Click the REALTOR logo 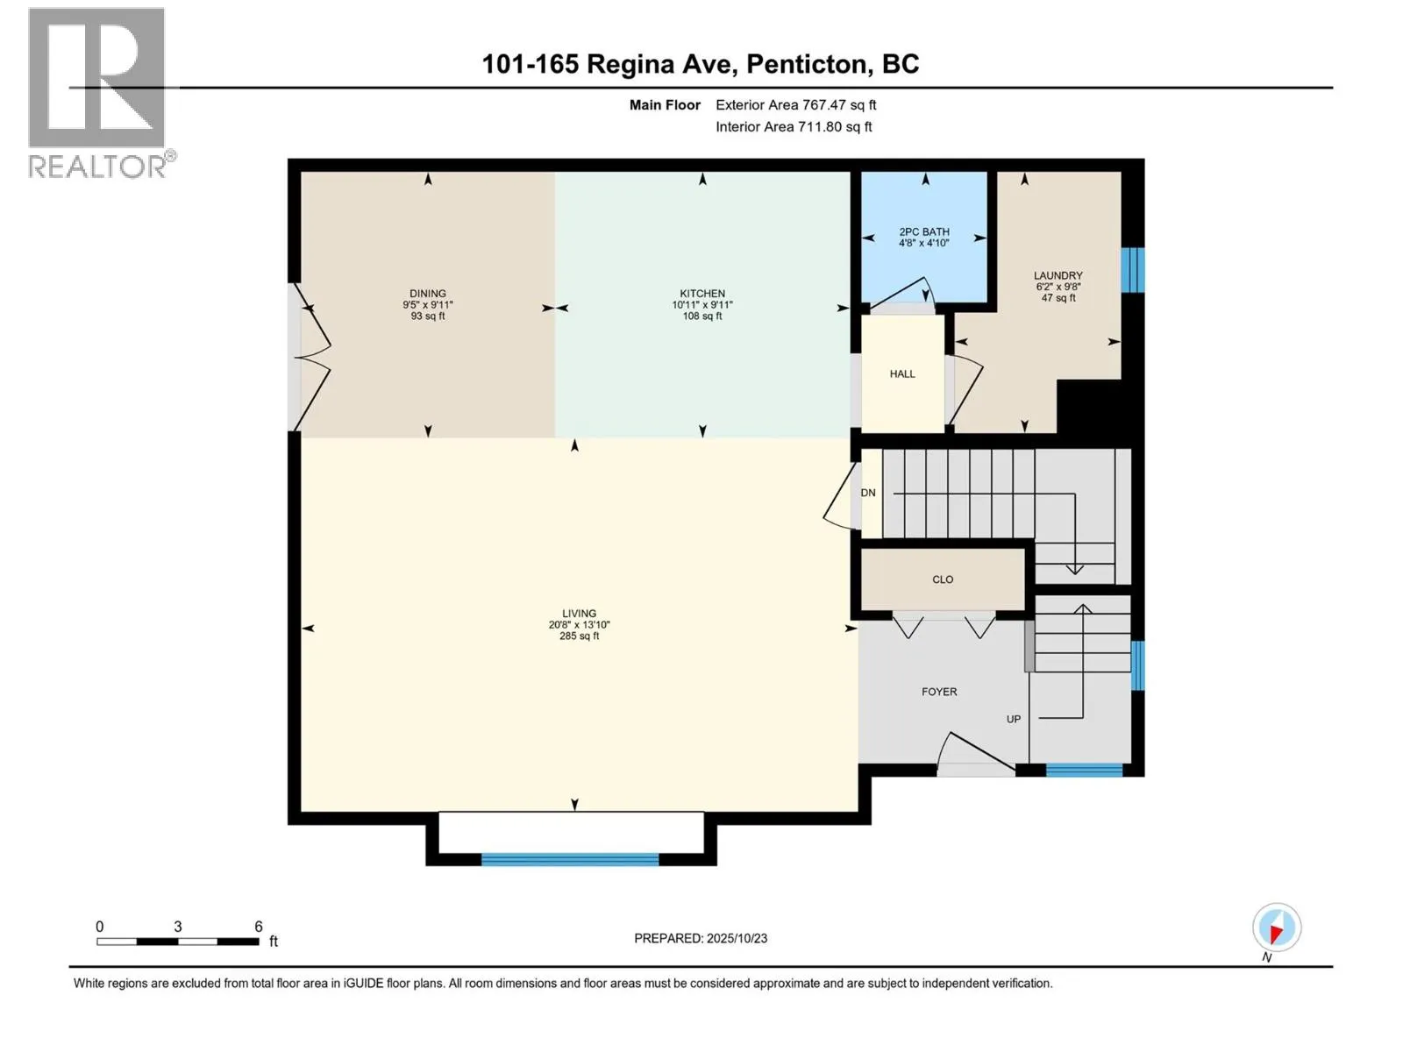point(97,92)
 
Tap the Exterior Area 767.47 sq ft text point(795,105)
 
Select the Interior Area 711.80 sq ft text point(794,127)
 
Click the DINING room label point(428,304)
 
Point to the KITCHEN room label point(702,304)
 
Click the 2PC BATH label point(924,237)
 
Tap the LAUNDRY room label point(1058,286)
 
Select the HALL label point(902,374)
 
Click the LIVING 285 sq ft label point(579,624)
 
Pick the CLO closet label point(943,579)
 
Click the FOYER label point(939,692)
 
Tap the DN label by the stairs point(868,493)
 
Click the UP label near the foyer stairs point(1014,719)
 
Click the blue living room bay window point(570,860)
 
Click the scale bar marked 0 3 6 point(178,941)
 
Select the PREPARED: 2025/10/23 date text point(701,938)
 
